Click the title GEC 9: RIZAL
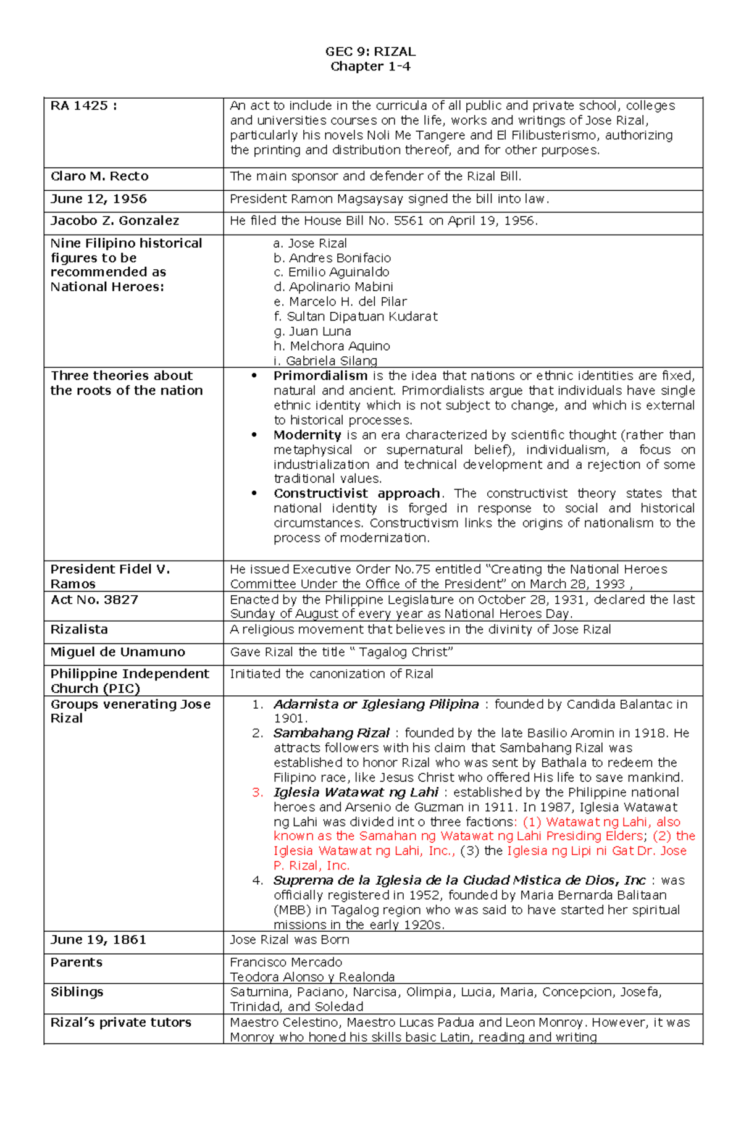(x=370, y=51)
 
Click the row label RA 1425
(x=83, y=106)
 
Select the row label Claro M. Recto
(x=99, y=176)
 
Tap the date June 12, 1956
(x=99, y=199)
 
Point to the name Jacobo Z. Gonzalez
(x=115, y=220)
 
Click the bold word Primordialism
(x=320, y=375)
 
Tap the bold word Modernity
(x=307, y=435)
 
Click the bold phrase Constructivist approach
(x=357, y=493)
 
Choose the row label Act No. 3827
(x=94, y=600)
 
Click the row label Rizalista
(x=79, y=629)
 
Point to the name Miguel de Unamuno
(x=117, y=652)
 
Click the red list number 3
(x=257, y=792)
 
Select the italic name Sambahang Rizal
(x=331, y=733)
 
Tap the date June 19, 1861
(x=98, y=940)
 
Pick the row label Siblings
(x=77, y=992)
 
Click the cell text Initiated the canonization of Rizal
(x=332, y=674)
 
